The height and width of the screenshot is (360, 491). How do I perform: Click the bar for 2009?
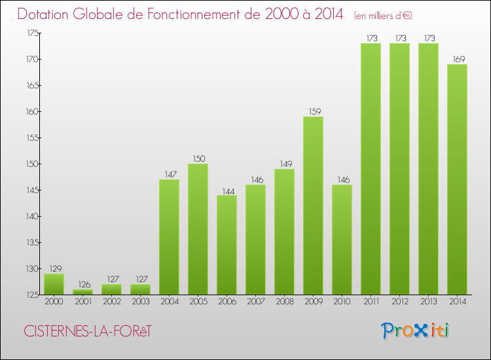[x=313, y=206]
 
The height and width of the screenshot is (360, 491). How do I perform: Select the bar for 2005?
[x=198, y=229]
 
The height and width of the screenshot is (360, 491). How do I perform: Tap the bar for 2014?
[x=457, y=179]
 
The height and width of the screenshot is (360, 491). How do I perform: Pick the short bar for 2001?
[x=82, y=292]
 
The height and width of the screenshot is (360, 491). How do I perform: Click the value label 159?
[x=313, y=111]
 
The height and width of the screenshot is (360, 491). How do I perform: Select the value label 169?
[x=457, y=59]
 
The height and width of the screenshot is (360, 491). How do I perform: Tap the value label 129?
[x=54, y=268]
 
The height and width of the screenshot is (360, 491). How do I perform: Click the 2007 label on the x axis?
[x=255, y=302]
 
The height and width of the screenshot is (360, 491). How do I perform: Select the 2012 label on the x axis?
[x=399, y=302]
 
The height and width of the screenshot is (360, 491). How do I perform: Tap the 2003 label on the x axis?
[x=140, y=302]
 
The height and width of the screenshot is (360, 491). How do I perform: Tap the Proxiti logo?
[x=416, y=331]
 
